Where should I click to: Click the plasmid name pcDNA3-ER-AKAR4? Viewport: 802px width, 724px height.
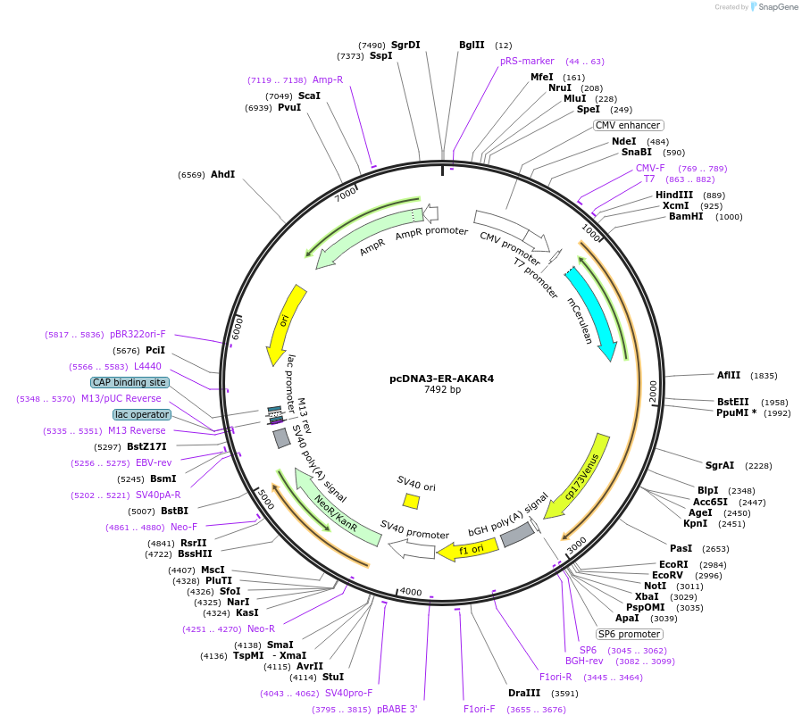coord(441,379)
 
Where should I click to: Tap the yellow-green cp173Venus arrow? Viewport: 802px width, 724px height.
coord(578,473)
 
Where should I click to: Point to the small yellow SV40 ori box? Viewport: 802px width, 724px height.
coord(411,501)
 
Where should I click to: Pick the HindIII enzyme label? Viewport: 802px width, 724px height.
coord(674,196)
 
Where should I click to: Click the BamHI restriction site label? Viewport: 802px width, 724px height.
coord(686,216)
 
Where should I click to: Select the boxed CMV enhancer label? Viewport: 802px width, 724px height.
coord(629,126)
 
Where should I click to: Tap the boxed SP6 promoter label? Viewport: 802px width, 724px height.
coord(630,634)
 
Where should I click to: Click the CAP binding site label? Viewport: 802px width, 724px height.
coord(129,382)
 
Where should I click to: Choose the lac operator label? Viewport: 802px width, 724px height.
coord(141,414)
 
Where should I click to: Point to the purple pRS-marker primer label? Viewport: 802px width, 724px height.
coord(527,62)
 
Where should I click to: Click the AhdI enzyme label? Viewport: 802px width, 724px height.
coord(222,174)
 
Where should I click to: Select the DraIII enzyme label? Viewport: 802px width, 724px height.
coord(524,693)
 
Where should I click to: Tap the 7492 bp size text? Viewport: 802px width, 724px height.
coord(442,390)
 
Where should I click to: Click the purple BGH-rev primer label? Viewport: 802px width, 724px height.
coord(584,661)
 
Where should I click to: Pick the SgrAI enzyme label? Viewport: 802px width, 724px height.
coord(720,465)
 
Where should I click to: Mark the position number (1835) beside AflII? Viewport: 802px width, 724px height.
coord(764,376)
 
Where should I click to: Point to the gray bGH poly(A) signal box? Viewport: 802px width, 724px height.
coord(517,535)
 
